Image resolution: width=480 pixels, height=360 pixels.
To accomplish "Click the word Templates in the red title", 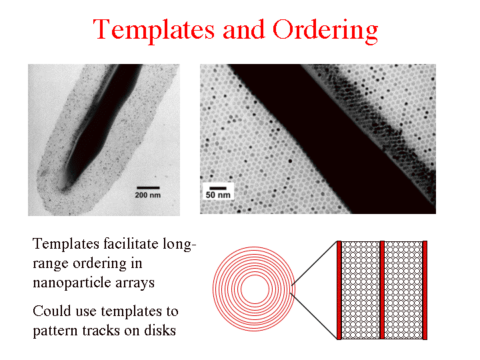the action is [x=154, y=30].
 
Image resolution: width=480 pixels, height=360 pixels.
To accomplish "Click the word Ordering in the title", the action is [x=325, y=30].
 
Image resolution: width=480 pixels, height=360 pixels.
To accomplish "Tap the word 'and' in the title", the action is [x=244, y=29].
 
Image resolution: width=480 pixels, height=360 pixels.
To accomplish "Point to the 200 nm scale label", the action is [x=148, y=195].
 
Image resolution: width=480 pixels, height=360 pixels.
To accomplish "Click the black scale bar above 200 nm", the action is [x=148, y=187].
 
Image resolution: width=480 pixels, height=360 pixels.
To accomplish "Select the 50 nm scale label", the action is [x=218, y=195].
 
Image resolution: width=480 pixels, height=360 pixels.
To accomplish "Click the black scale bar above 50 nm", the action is [x=218, y=188].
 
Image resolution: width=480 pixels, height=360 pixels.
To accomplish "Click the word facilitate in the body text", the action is [x=131, y=244].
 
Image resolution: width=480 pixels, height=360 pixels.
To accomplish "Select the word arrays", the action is [x=135, y=283].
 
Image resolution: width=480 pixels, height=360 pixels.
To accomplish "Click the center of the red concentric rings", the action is [x=255, y=289].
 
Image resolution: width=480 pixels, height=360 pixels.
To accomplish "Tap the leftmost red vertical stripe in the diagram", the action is [x=339, y=290].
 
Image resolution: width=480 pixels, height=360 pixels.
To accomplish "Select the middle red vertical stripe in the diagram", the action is [x=382, y=290].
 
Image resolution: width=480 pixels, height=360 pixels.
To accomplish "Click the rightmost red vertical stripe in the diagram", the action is [x=425, y=290].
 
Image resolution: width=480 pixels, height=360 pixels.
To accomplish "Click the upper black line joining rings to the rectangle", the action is [x=314, y=263].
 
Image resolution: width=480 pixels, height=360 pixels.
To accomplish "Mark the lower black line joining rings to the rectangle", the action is [x=313, y=315].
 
